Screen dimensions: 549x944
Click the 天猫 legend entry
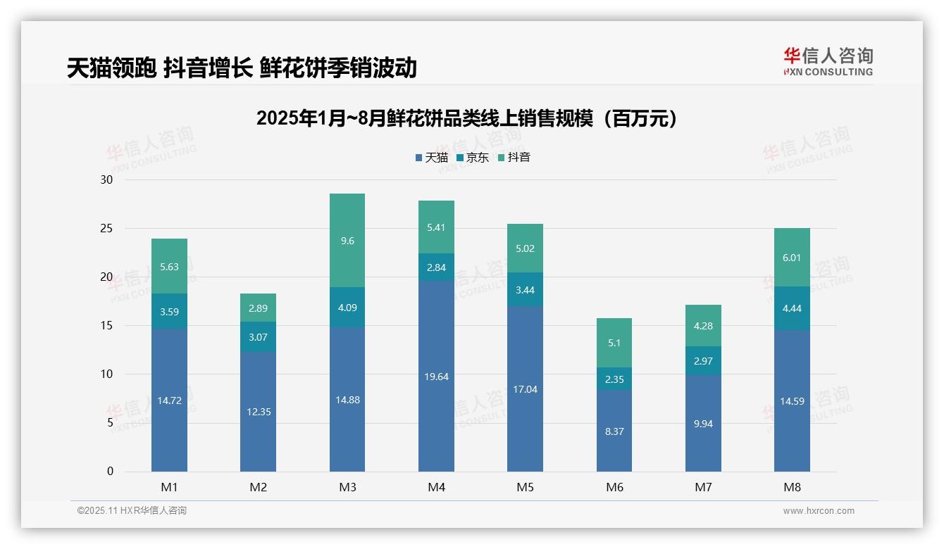432,158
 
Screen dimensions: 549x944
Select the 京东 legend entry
473,158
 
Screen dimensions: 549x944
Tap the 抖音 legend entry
514,158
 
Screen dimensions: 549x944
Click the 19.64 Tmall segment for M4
436,377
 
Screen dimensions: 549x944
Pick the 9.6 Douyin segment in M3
347,241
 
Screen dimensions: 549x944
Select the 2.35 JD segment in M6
614,379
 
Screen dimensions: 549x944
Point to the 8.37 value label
614,431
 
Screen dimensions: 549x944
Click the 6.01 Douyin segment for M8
792,258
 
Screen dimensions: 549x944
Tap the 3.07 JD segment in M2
258,337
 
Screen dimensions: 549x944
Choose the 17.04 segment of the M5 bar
525,389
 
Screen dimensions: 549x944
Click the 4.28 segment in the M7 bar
703,326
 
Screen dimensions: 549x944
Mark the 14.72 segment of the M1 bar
169,400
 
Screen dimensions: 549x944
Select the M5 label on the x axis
525,487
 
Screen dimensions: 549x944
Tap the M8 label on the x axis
792,487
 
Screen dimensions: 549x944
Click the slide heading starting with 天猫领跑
242,68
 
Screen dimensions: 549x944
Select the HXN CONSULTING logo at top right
828,62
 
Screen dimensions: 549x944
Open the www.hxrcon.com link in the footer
819,511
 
